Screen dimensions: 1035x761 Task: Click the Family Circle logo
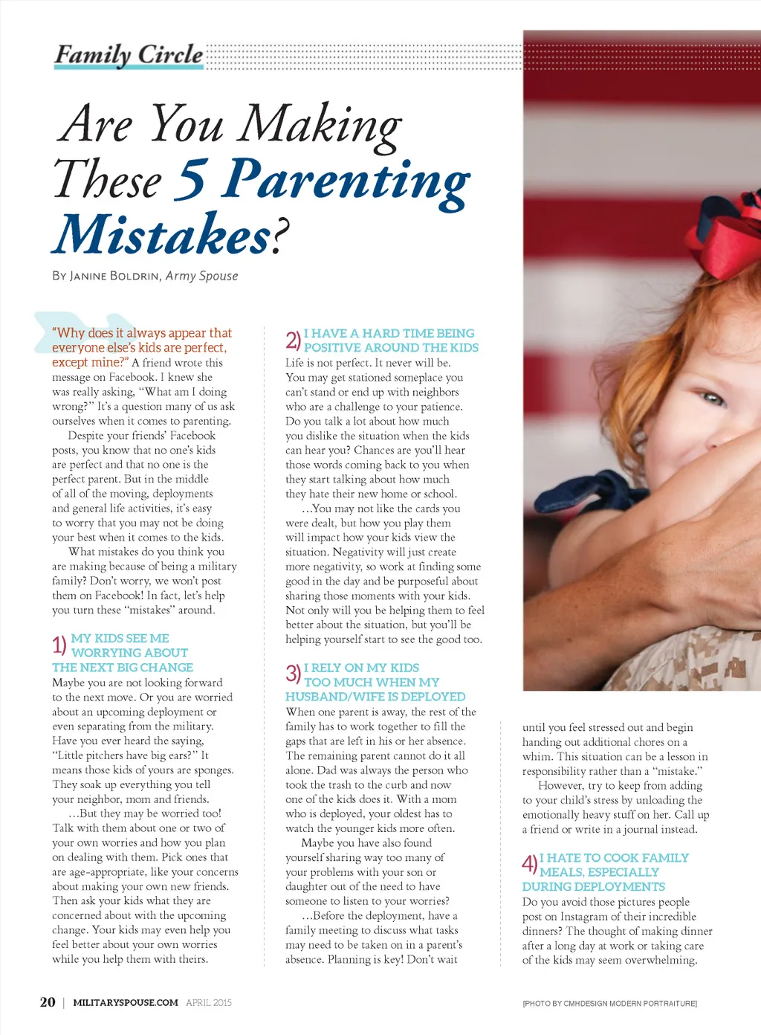[x=129, y=55]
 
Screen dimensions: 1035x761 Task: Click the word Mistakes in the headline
[x=163, y=235]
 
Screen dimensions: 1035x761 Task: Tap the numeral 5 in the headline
[x=192, y=179]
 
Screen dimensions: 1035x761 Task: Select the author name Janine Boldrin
[x=114, y=276]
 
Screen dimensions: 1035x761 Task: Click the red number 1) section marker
[x=59, y=645]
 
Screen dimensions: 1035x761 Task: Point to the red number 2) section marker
[x=293, y=340]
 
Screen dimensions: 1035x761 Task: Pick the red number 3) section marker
[x=293, y=674]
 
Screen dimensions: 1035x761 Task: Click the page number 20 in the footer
[x=48, y=1002]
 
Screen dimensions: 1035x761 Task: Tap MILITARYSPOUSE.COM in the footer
[x=126, y=1002]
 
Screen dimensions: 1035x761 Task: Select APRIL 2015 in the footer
[x=209, y=1002]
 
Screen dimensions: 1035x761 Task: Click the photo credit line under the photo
[x=609, y=1004]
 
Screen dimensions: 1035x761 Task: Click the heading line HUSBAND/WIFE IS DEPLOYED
[x=375, y=697]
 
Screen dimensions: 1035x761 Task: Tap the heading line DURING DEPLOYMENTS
[x=593, y=886]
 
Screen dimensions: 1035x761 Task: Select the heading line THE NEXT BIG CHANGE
[x=123, y=667]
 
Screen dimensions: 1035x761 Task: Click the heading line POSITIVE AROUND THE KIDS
[x=391, y=347]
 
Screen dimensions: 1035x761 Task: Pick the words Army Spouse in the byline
[x=201, y=276]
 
